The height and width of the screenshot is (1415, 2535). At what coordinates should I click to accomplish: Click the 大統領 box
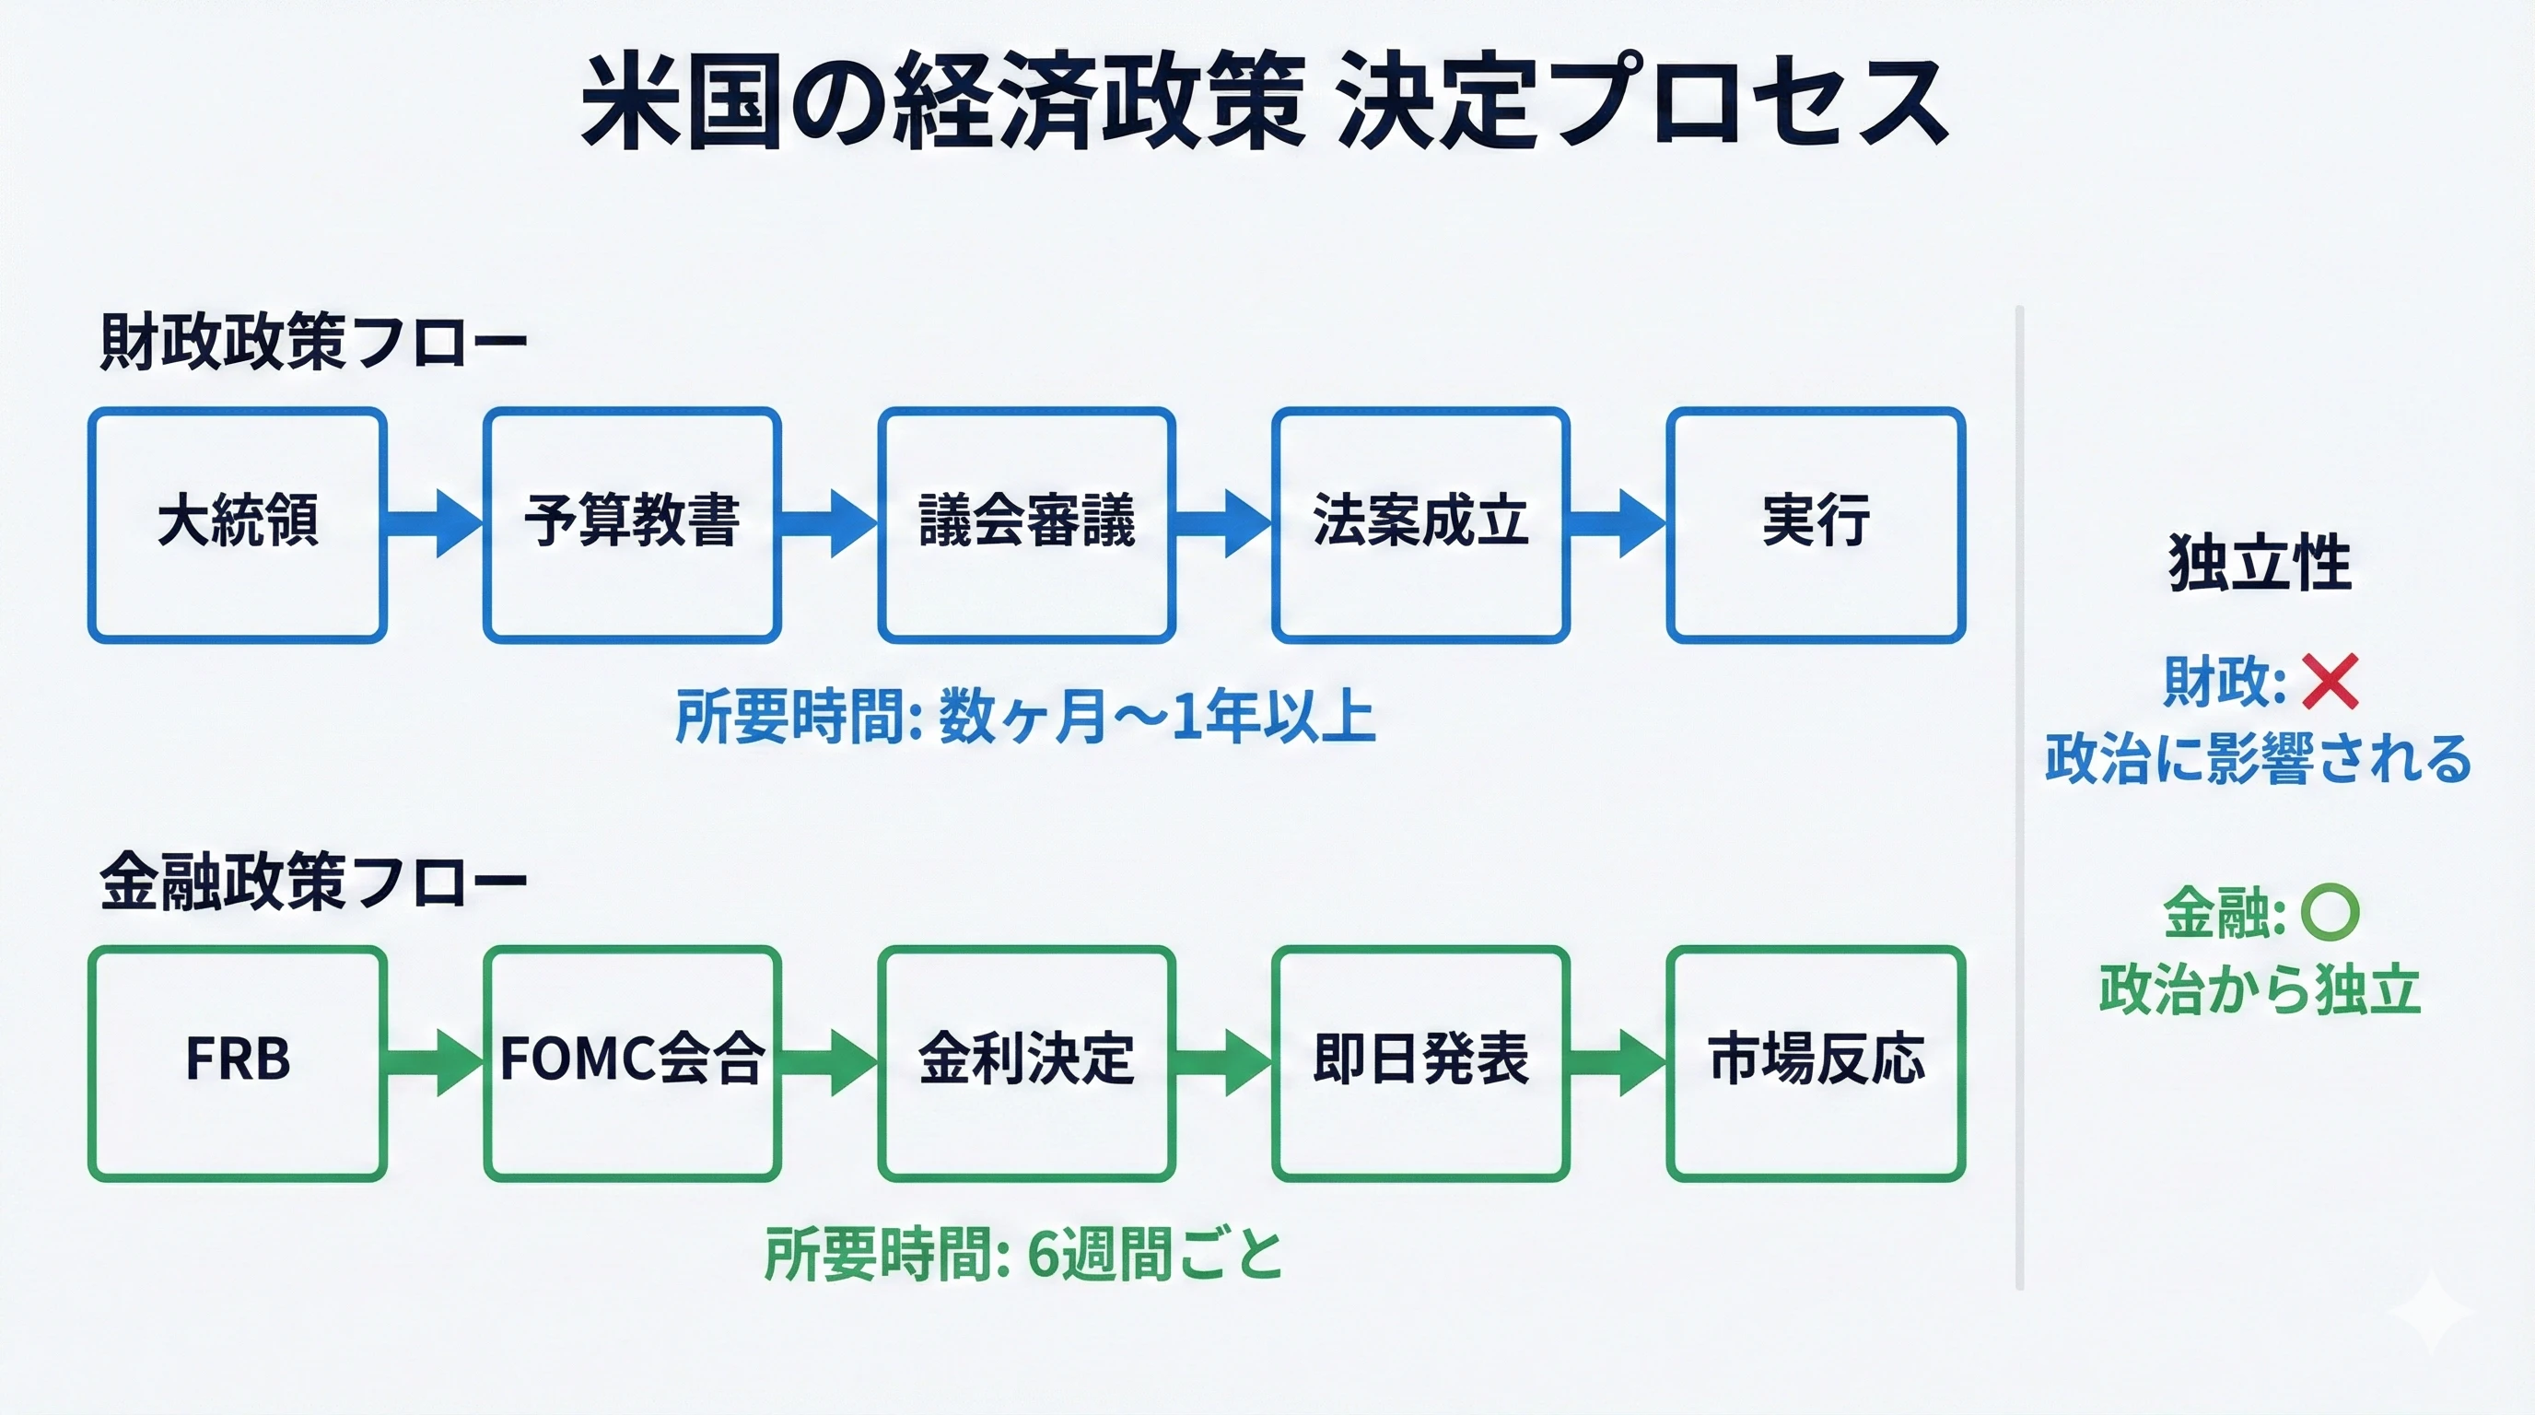coord(237,524)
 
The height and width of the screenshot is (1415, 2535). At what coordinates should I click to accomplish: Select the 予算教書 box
coord(632,524)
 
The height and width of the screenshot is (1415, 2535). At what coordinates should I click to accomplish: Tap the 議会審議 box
coord(1026,524)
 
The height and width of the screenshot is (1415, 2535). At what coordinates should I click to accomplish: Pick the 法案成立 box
coord(1420,524)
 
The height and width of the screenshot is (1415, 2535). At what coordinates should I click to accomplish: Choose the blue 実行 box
coord(1816,524)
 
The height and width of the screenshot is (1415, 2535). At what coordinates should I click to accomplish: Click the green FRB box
coord(237,1063)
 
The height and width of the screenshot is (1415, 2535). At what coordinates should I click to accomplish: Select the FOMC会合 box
coord(632,1063)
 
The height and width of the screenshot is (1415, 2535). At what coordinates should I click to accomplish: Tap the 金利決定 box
coord(1026,1063)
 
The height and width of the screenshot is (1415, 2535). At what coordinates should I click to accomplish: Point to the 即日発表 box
coord(1420,1063)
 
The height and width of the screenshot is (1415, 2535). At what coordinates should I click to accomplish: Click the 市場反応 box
coord(1816,1063)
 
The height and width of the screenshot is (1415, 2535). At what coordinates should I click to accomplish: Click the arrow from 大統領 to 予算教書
coord(434,523)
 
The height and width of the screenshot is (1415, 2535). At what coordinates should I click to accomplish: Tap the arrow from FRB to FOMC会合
coord(434,1063)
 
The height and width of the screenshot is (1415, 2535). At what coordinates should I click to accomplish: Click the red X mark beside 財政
coord(2330,681)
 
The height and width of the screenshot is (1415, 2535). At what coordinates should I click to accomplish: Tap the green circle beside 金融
coord(2330,912)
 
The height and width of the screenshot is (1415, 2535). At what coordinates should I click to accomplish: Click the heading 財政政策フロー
coord(313,343)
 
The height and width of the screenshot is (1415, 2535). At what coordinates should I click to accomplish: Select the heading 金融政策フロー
coord(313,881)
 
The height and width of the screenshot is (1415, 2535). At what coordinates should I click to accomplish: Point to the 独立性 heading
coord(2260,563)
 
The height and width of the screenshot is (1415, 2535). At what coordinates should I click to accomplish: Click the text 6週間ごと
coord(1155,1255)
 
